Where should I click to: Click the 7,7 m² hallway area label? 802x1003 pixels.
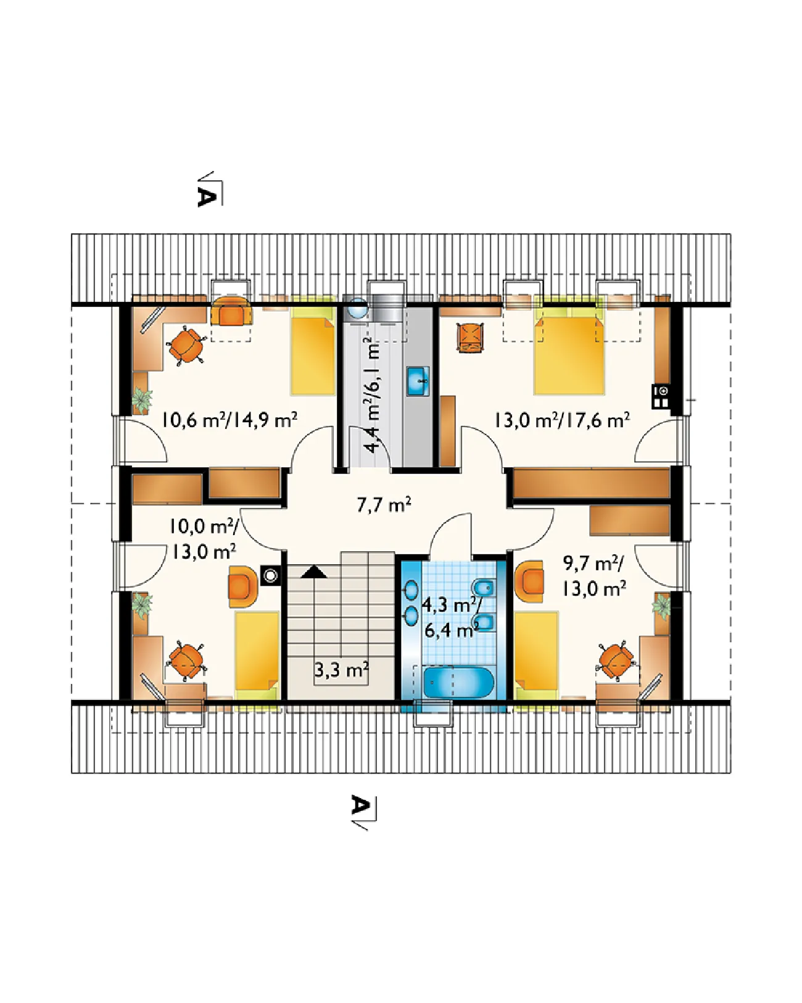(384, 505)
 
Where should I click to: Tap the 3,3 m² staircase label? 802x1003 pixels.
(342, 670)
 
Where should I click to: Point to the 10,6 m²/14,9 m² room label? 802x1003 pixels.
(229, 420)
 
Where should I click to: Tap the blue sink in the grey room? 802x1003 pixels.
(418, 381)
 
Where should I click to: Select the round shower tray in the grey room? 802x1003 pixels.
(358, 308)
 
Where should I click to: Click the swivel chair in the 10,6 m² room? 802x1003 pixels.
(186, 346)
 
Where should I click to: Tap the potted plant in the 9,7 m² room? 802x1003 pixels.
(661, 606)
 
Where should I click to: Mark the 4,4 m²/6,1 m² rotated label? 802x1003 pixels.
(373, 395)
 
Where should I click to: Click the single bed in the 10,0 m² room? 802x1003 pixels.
(257, 655)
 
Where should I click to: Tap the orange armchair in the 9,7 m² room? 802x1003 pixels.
(529, 581)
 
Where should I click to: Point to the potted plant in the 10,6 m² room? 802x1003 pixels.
(141, 399)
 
